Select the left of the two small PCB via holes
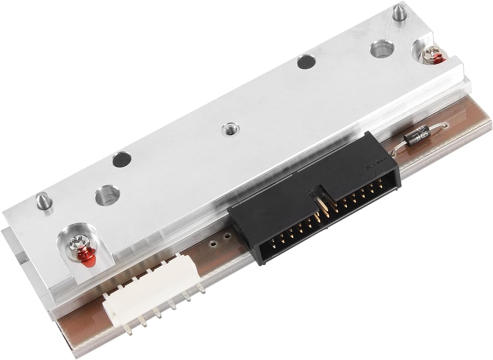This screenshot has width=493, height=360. pyautogui.click(x=213, y=244)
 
